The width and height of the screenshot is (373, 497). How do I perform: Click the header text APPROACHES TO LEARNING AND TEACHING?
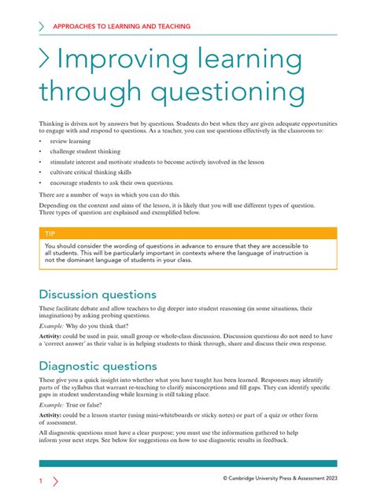coord(121,26)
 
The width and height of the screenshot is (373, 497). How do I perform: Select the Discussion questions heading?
coord(98,294)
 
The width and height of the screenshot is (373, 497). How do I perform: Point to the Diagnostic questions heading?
coord(98,366)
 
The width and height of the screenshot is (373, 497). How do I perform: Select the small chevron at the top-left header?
coord(42,26)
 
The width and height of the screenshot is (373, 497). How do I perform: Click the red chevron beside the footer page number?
coord(54,480)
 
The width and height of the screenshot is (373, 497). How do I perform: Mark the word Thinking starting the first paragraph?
coord(53,124)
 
